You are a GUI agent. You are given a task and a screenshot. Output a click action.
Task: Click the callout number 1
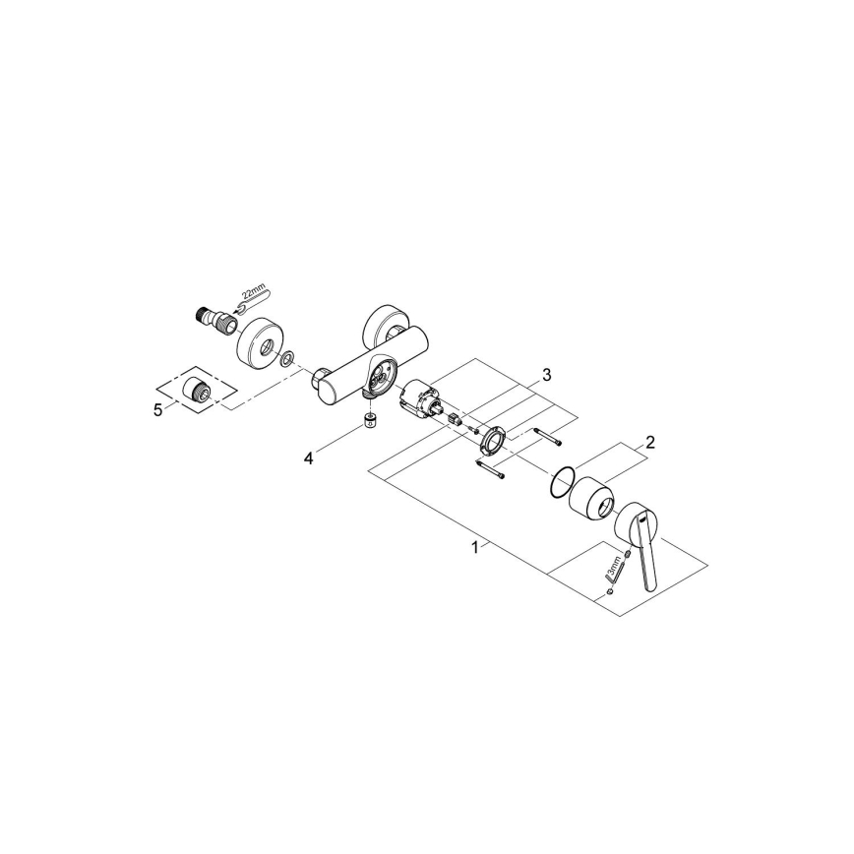click(475, 547)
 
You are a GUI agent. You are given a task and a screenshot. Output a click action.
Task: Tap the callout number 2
click(650, 443)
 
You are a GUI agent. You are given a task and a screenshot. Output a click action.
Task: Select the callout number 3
click(546, 375)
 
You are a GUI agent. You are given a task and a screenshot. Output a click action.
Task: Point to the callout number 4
click(308, 457)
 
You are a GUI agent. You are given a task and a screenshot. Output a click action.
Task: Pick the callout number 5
click(157, 410)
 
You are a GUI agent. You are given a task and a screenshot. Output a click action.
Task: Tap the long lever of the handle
click(648, 562)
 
